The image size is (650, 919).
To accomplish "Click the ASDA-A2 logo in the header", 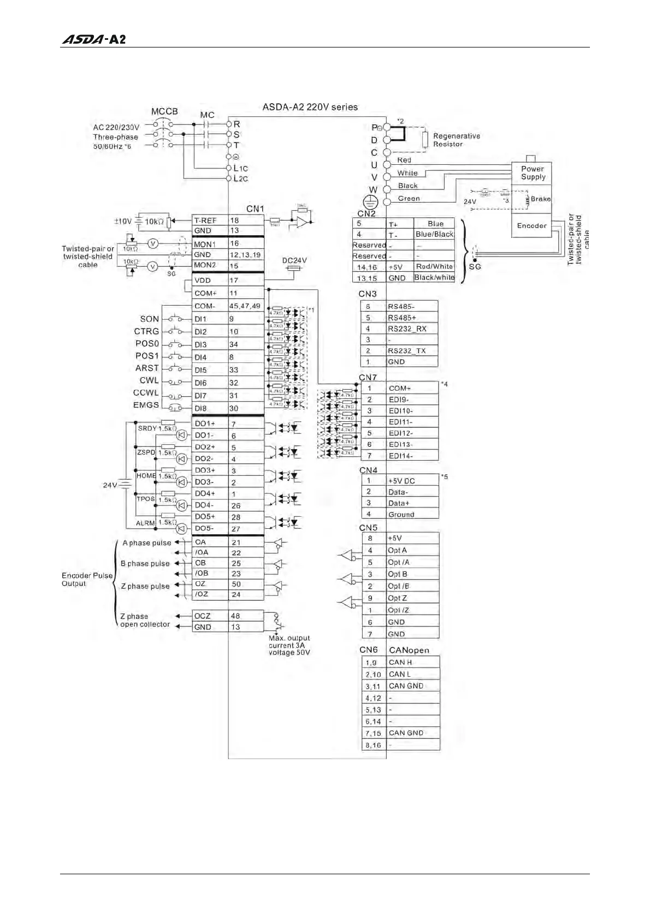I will point(93,39).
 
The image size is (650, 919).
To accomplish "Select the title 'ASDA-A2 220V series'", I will point(310,107).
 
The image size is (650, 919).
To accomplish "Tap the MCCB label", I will point(164,111).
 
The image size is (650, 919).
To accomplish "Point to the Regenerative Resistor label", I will point(456,140).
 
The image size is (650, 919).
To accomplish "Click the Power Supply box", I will point(533,173).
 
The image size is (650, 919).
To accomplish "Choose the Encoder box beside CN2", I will point(531,225).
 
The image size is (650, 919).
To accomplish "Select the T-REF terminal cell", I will point(210,220).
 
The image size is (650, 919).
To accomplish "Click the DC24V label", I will point(294,260).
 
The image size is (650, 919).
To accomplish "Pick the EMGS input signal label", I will point(146,405).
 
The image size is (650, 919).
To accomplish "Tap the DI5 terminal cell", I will point(210,370).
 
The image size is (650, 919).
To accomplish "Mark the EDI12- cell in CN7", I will point(412,433).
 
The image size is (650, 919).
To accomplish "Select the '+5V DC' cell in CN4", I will point(412,481).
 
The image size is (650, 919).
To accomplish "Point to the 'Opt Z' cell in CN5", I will point(412,598).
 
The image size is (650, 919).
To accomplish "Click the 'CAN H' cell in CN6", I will point(412,663).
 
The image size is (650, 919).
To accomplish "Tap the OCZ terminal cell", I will point(210,616).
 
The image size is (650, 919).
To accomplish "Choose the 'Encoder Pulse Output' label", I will point(86,580).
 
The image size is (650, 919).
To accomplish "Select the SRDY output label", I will point(147,428).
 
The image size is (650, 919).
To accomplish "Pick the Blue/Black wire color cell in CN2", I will point(434,234).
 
